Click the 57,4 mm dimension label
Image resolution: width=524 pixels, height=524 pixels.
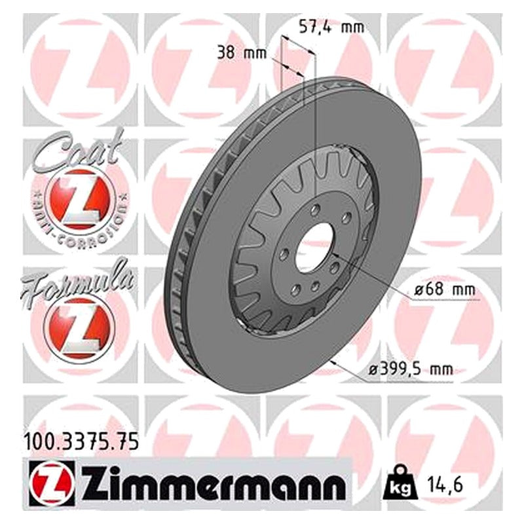[x=331, y=27]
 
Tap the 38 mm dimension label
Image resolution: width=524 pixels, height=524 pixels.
[x=242, y=53]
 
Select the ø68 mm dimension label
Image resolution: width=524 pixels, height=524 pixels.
[x=445, y=290]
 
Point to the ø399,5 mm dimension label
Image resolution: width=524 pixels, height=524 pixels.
[x=411, y=369]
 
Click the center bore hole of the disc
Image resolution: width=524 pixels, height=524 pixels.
[x=315, y=248]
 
